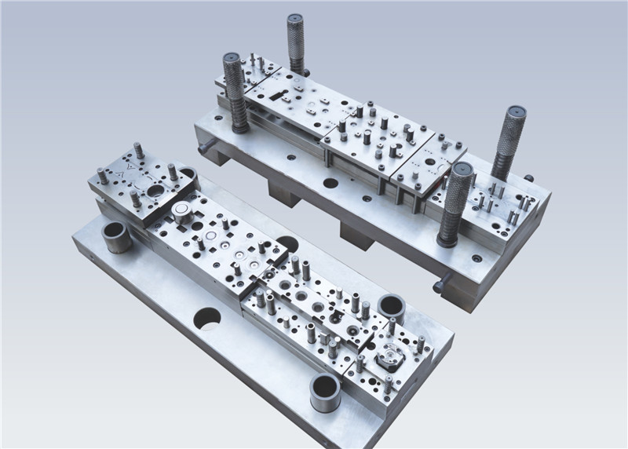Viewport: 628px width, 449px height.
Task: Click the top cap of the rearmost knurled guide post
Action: pyautogui.click(x=295, y=18)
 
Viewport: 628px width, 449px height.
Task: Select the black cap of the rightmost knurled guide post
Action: pyautogui.click(x=515, y=111)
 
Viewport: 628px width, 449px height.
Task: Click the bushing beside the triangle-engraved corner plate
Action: pyautogui.click(x=116, y=235)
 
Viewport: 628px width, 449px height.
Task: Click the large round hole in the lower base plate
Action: pyautogui.click(x=207, y=318)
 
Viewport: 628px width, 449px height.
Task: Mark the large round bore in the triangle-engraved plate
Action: pyautogui.click(x=155, y=190)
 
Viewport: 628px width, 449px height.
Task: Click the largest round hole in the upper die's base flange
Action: pyautogui.click(x=330, y=183)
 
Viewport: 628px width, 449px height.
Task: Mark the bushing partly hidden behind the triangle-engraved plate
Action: pyautogui.click(x=188, y=172)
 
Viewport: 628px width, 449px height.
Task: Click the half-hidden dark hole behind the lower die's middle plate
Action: pyautogui.click(x=287, y=243)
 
